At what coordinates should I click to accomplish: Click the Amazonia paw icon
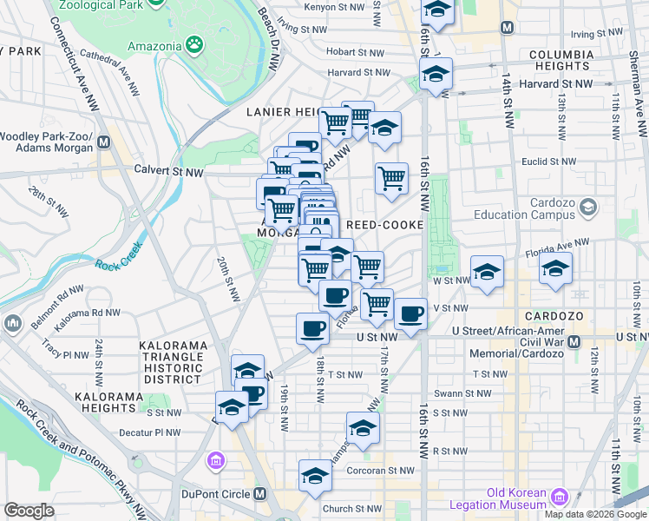(x=198, y=45)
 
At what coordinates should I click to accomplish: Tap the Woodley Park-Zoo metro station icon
(x=104, y=142)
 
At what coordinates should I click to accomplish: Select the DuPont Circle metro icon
(x=259, y=494)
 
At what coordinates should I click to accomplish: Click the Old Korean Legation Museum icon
(x=560, y=498)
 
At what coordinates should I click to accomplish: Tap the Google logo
(x=29, y=511)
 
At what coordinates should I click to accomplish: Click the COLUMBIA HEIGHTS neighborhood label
(x=574, y=60)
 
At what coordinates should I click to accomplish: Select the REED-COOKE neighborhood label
(x=384, y=225)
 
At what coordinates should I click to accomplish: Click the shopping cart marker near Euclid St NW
(x=391, y=177)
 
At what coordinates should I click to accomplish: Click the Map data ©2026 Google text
(x=595, y=514)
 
